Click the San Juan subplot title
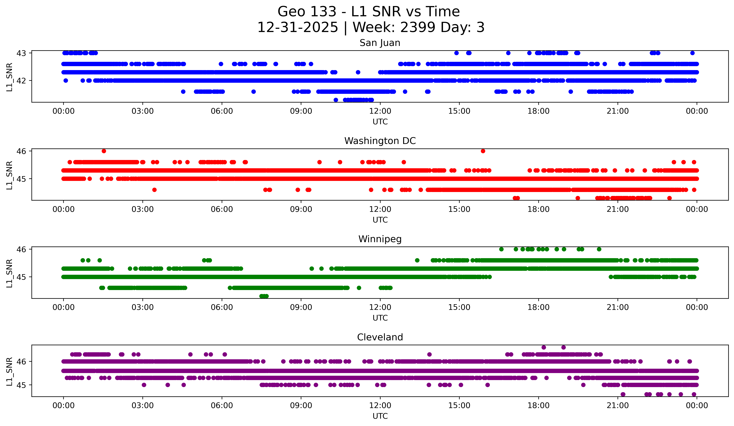click(380, 43)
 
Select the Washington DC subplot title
click(380, 141)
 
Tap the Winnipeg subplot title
click(380, 239)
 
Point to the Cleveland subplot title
click(380, 337)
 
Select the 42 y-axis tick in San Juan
click(21, 81)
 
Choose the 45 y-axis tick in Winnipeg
click(21, 277)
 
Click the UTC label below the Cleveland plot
click(380, 416)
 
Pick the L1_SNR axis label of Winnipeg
click(9, 273)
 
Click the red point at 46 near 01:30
click(104, 151)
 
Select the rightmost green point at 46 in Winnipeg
click(599, 249)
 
